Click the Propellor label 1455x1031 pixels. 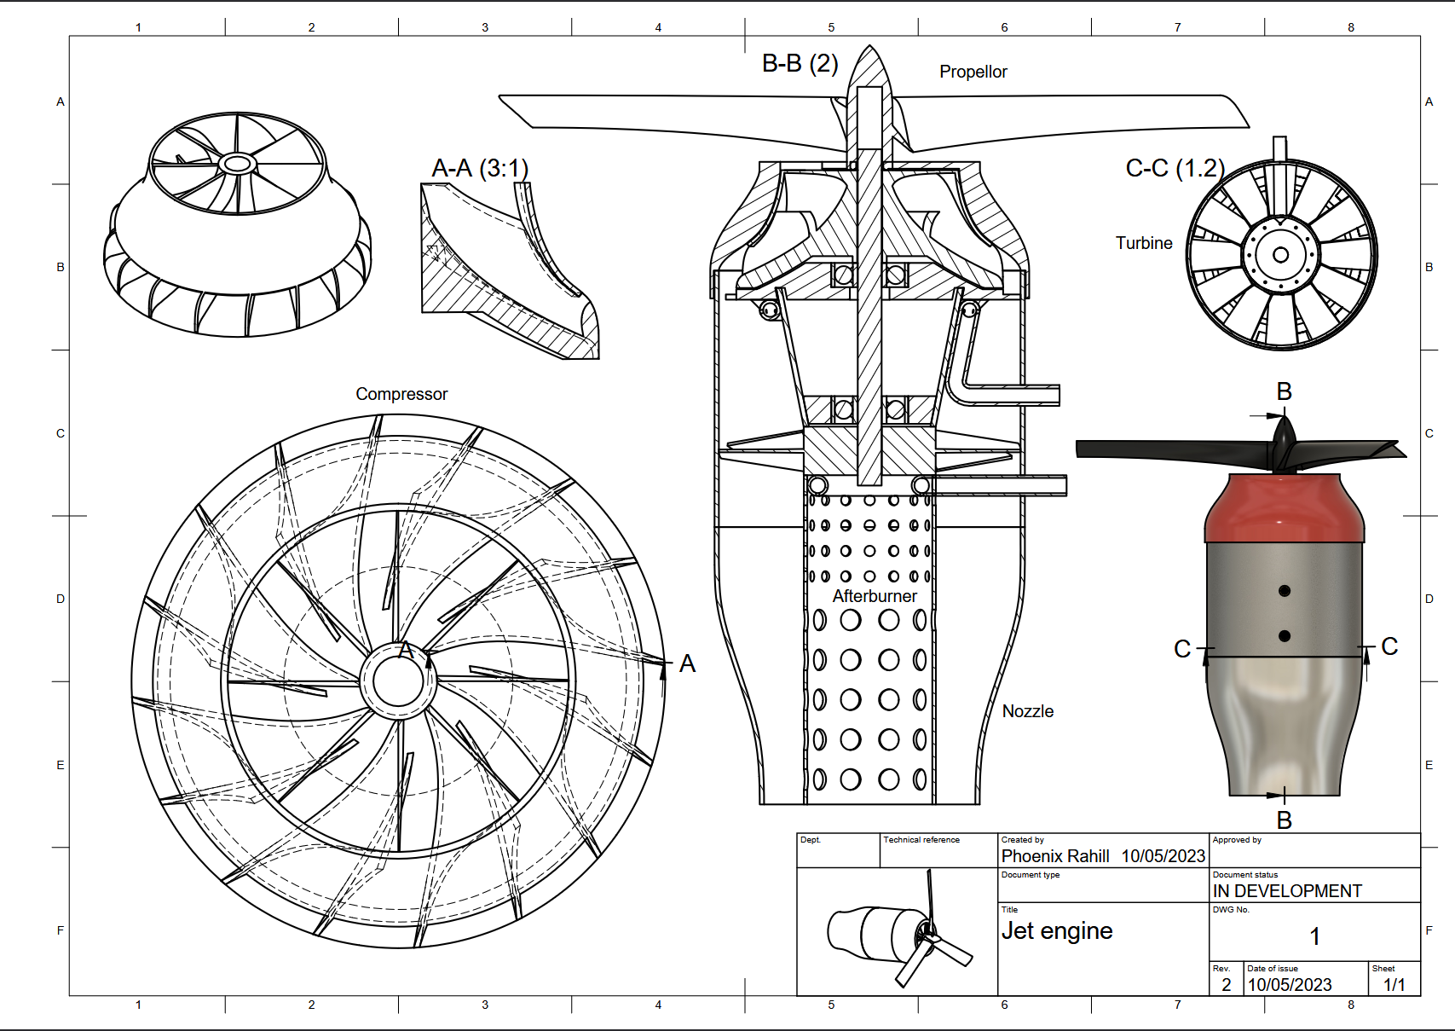(x=973, y=72)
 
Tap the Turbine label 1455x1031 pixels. (x=1144, y=244)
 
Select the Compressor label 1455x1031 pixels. (x=401, y=395)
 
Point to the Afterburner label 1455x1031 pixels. (x=875, y=596)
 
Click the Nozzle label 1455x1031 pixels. (x=1027, y=711)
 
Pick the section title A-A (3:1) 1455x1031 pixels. (x=480, y=169)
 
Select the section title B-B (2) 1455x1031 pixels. (x=800, y=64)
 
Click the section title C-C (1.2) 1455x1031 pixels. (x=1175, y=169)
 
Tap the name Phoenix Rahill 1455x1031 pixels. (x=1055, y=856)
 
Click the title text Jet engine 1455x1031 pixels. (x=1057, y=931)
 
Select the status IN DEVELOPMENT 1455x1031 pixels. (x=1287, y=891)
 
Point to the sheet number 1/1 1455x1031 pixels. (x=1394, y=985)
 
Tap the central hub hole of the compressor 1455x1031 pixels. (x=398, y=681)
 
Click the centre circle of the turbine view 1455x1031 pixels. (x=1280, y=255)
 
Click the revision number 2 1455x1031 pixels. (x=1226, y=985)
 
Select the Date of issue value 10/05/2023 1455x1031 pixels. (x=1290, y=985)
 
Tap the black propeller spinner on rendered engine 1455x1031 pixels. (x=1284, y=439)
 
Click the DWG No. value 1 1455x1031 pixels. (x=1314, y=937)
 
